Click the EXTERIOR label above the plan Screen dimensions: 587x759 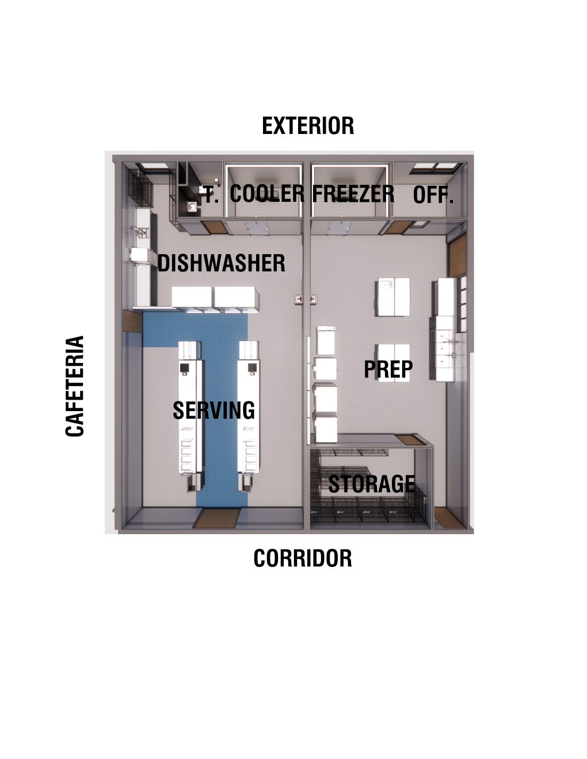pyautogui.click(x=308, y=126)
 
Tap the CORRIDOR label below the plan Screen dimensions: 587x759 pyautogui.click(x=303, y=558)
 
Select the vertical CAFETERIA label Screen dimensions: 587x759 pyautogui.click(x=75, y=386)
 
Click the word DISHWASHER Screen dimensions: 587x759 pyautogui.click(x=222, y=263)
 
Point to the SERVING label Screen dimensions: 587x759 pyautogui.click(x=214, y=411)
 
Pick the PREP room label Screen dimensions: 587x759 pyautogui.click(x=388, y=369)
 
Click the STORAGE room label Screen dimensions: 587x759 pyautogui.click(x=371, y=484)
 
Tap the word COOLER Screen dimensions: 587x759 pyautogui.click(x=267, y=194)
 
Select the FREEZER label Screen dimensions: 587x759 pyautogui.click(x=353, y=194)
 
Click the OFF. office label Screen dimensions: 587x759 pyautogui.click(x=433, y=195)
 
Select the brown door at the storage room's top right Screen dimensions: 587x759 pyautogui.click(x=410, y=440)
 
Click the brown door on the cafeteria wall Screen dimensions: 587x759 pyautogui.click(x=133, y=321)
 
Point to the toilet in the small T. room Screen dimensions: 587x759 pyautogui.click(x=192, y=207)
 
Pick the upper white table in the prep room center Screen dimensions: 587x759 pyautogui.click(x=394, y=297)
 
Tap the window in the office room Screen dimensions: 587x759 pyautogui.click(x=436, y=168)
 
